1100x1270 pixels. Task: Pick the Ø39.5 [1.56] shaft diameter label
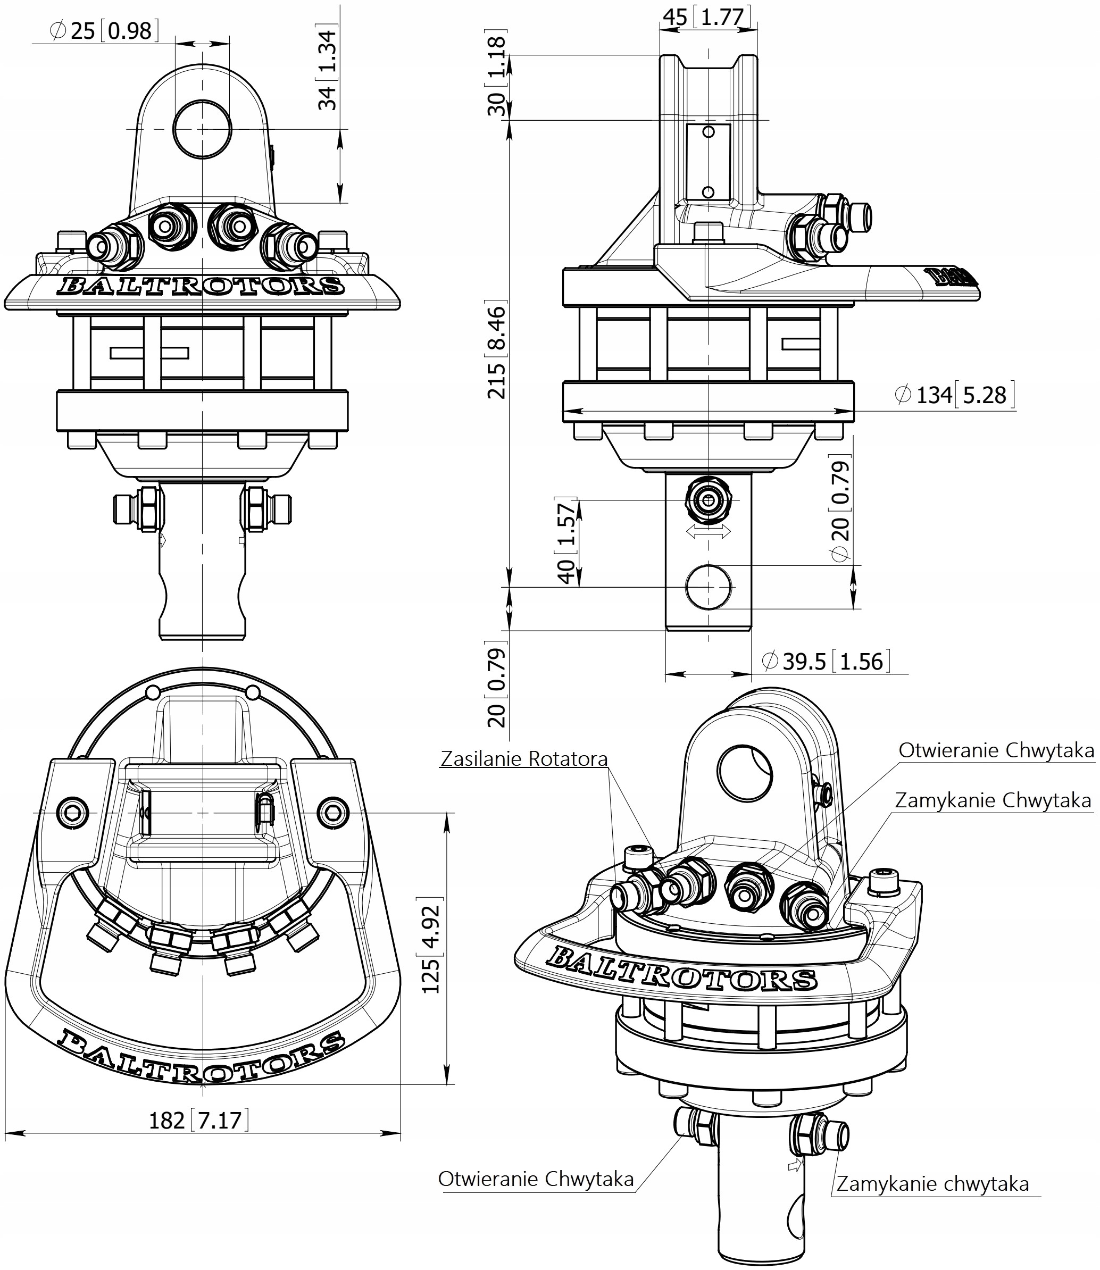[825, 661]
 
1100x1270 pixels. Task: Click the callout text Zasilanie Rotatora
[523, 759]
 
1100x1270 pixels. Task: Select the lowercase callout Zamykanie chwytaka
[932, 1183]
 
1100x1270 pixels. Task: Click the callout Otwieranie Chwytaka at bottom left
[535, 1179]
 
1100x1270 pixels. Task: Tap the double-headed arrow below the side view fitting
[709, 532]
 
